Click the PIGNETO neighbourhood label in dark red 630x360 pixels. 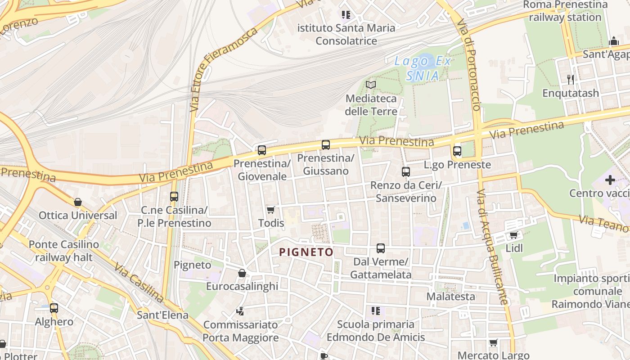pyautogui.click(x=306, y=252)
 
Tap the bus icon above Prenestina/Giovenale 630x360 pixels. pyautogui.click(x=262, y=150)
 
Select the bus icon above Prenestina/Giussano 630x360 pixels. pyautogui.click(x=326, y=145)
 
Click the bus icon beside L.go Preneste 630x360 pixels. pyautogui.click(x=457, y=151)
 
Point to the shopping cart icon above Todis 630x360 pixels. pyautogui.click(x=270, y=210)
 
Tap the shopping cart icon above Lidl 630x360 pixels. pyautogui.click(x=513, y=235)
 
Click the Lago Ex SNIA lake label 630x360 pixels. pyautogui.click(x=423, y=68)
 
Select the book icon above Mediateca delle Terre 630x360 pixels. pyautogui.click(x=371, y=85)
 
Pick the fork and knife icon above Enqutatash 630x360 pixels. pyautogui.click(x=571, y=80)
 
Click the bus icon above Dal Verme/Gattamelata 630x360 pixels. pyautogui.click(x=381, y=248)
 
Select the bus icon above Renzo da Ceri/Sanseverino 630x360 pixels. pyautogui.click(x=406, y=172)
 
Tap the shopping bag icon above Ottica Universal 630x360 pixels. pyautogui.click(x=78, y=202)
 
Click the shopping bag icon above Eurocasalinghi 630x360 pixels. pyautogui.click(x=242, y=273)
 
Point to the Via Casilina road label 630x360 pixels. pyautogui.click(x=139, y=283)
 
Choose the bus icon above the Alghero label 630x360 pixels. pyautogui.click(x=54, y=308)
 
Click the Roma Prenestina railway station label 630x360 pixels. pyautogui.click(x=565, y=11)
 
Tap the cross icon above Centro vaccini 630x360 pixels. pyautogui.click(x=610, y=180)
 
